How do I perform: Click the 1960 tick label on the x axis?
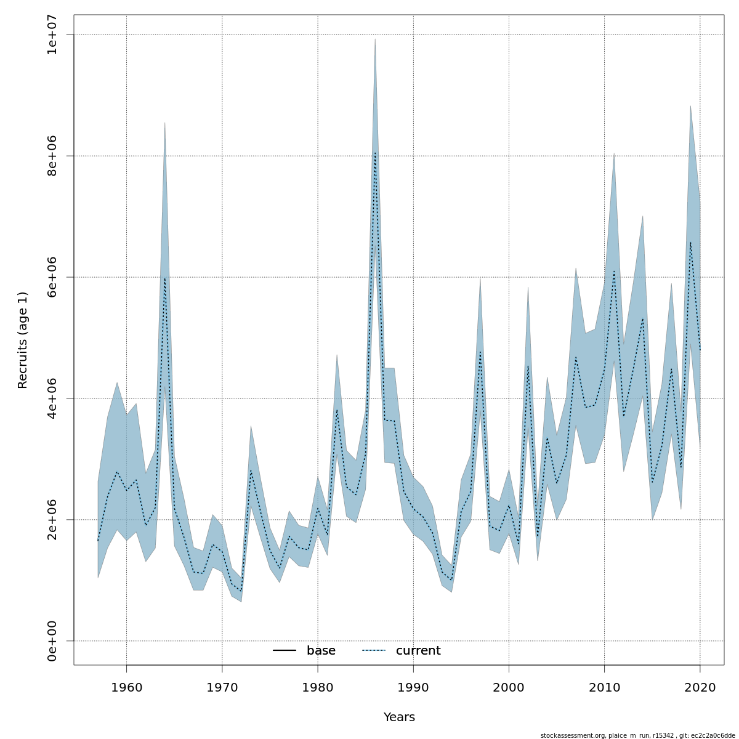(x=126, y=687)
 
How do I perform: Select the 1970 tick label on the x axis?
(x=222, y=687)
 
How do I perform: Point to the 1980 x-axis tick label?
(x=318, y=687)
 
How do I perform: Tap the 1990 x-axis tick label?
(x=413, y=687)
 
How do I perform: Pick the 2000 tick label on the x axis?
(x=509, y=687)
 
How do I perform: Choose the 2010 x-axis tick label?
(x=604, y=687)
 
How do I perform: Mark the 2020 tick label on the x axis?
(x=700, y=687)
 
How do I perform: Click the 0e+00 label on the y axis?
(x=52, y=641)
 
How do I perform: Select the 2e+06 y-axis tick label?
(x=52, y=520)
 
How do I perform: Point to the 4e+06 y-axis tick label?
(x=52, y=398)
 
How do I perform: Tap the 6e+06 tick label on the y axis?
(x=52, y=277)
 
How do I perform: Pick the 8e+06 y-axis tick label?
(x=52, y=156)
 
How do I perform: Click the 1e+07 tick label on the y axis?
(x=52, y=34)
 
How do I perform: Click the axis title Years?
(x=399, y=717)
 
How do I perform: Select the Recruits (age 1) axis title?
(x=23, y=340)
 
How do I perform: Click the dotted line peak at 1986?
(x=375, y=153)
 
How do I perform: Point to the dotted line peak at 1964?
(x=164, y=278)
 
